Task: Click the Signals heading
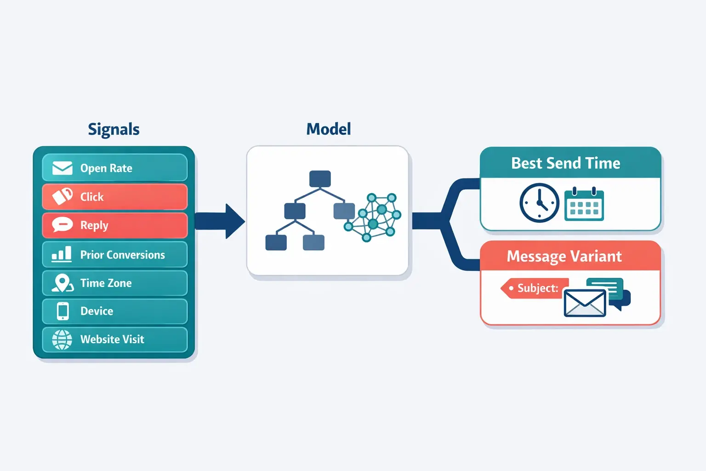(114, 129)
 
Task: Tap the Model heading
(328, 129)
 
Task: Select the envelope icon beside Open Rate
(63, 168)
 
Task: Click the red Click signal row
(115, 197)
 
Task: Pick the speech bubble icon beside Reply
(63, 225)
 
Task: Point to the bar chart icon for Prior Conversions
(62, 254)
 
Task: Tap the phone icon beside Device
(63, 311)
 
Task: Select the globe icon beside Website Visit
(62, 339)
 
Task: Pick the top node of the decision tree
(320, 178)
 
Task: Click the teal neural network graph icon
(373, 217)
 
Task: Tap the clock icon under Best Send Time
(539, 203)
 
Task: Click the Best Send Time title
(565, 163)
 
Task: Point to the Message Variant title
(564, 256)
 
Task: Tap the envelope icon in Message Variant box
(585, 303)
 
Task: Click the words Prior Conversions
(122, 255)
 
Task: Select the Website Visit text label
(112, 339)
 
